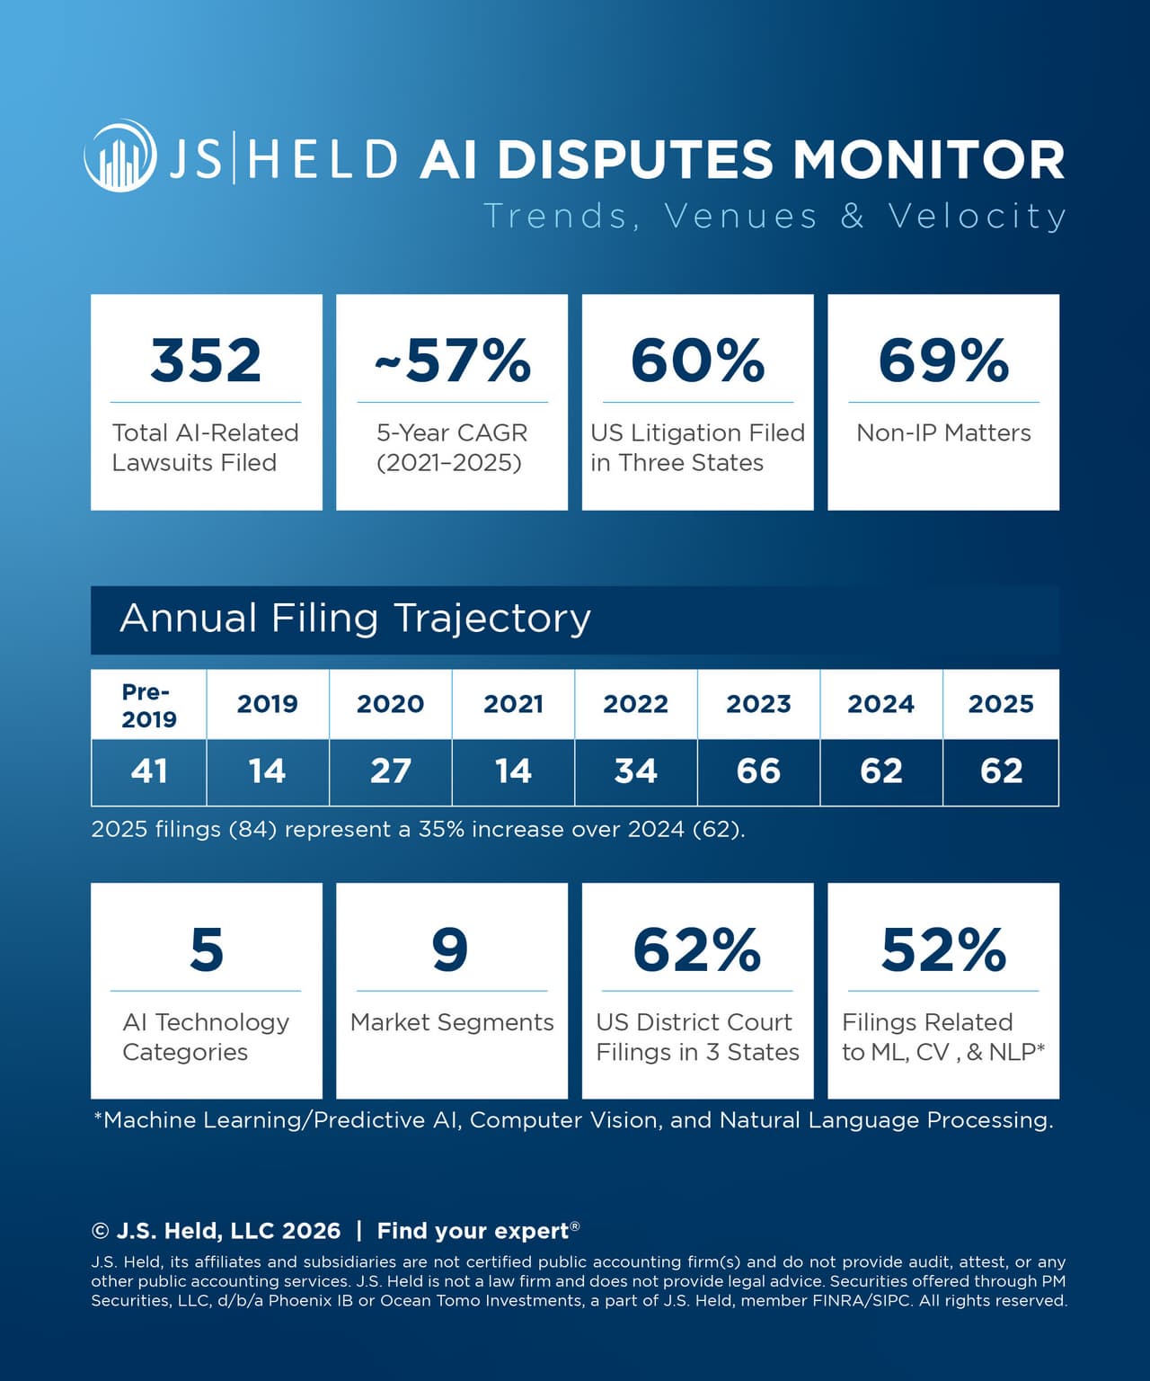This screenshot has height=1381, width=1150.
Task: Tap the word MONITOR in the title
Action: click(928, 159)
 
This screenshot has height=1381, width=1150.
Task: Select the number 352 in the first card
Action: click(206, 361)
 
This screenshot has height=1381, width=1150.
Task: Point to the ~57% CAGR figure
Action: click(452, 361)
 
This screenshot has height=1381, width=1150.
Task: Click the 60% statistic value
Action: click(697, 361)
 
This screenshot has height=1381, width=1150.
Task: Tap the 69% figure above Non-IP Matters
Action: click(943, 361)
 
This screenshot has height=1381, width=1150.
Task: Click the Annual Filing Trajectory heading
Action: click(356, 619)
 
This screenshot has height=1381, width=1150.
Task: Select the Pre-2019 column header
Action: click(149, 705)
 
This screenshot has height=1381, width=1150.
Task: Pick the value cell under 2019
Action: click(267, 771)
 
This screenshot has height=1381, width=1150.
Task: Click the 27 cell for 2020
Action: click(390, 771)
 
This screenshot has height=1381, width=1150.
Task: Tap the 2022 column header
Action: click(635, 704)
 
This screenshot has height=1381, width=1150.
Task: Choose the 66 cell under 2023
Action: click(758, 771)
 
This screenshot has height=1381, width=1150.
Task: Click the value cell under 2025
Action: click(1001, 771)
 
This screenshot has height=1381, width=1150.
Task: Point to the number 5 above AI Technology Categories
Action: click(206, 949)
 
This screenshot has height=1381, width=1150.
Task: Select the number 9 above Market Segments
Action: click(450, 949)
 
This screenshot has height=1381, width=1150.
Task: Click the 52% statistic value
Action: click(943, 949)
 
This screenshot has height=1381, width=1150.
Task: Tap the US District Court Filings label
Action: click(697, 1037)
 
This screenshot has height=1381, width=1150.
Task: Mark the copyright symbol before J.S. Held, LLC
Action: click(101, 1232)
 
